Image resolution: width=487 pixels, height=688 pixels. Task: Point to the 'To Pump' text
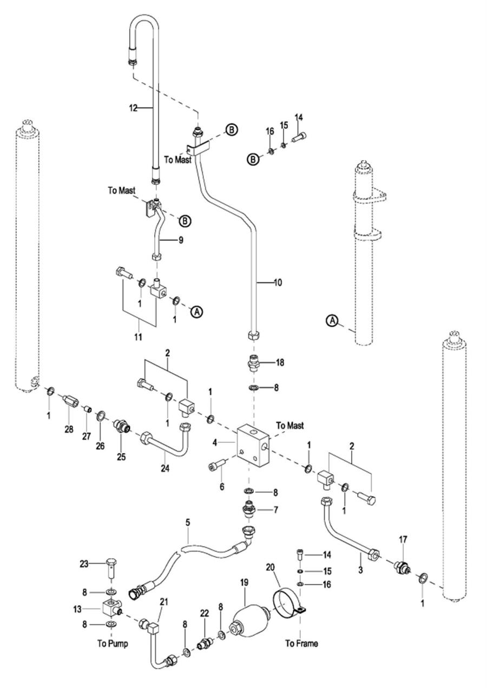113,644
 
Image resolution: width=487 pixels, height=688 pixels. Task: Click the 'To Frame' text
301,644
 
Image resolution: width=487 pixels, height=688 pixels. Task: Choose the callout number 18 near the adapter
280,362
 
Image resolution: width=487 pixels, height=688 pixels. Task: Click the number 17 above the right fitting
403,539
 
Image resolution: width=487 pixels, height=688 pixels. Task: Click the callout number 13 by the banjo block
78,608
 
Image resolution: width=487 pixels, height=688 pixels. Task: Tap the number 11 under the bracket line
138,338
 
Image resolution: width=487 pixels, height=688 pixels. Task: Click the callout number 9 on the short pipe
180,240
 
